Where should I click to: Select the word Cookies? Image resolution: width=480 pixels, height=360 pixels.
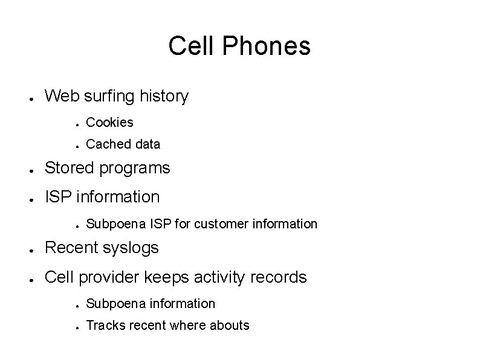[109, 123]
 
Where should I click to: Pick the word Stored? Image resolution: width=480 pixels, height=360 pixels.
[68, 168]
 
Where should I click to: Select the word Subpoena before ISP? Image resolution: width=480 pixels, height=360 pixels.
[114, 224]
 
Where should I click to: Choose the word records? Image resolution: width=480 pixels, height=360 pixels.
[279, 277]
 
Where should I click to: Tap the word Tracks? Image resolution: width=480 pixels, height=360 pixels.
[106, 326]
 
